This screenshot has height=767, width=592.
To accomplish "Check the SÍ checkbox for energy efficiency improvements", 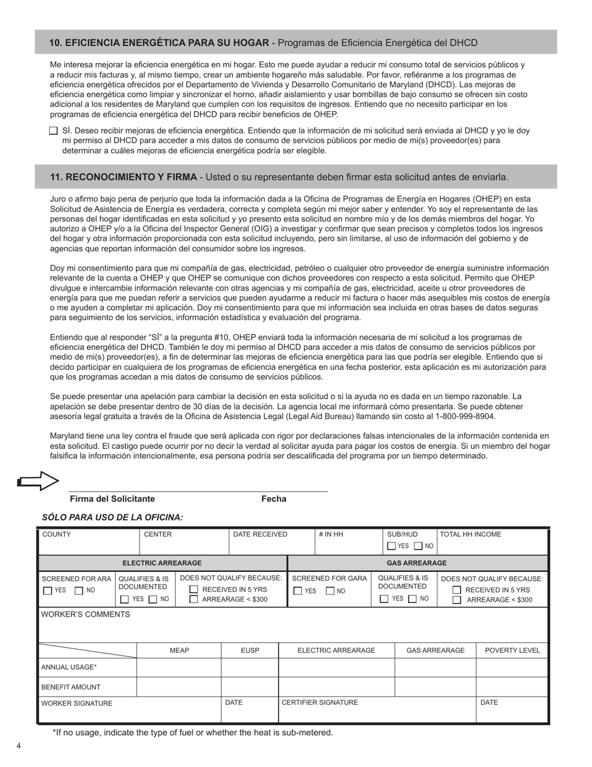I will click(53, 131).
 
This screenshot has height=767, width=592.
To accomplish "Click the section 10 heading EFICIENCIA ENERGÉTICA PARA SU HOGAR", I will click(159, 43).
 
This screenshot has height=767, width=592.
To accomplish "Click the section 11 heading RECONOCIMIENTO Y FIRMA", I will click(123, 177).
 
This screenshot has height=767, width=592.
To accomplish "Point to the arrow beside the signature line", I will click(37, 480).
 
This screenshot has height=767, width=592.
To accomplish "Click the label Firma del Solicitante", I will click(112, 499).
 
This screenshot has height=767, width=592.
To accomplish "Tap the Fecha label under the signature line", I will click(274, 499).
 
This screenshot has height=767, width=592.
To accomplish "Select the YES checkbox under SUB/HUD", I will click(391, 546).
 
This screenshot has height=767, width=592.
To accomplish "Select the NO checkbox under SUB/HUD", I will click(418, 546).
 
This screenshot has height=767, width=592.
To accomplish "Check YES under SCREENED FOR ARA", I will click(48, 591).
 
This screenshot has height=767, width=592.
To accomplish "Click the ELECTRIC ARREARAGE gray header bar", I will click(162, 563).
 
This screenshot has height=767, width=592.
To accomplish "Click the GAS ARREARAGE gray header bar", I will click(417, 563).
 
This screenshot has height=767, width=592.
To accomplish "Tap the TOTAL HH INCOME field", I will click(492, 541).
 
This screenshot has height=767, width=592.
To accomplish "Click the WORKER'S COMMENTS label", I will click(85, 614).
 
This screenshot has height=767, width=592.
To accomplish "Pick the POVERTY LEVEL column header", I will click(512, 650).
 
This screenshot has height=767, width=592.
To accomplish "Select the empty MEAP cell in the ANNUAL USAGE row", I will click(179, 667).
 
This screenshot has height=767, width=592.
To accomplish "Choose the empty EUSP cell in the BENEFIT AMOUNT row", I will click(249, 687).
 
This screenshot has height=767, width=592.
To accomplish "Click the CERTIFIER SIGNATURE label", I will click(320, 703).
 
